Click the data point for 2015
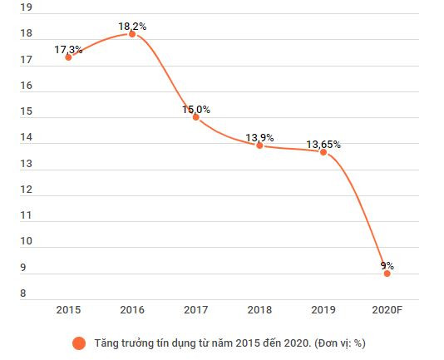point(68,57)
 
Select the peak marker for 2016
point(132,34)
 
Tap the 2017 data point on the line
point(196,117)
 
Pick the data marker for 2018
point(259,145)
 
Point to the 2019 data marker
point(323,152)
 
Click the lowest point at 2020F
point(387,274)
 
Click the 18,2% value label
point(132,27)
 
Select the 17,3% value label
point(68,50)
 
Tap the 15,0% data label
point(196,109)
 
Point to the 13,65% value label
point(323,145)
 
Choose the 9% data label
point(387,266)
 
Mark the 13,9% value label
point(259,137)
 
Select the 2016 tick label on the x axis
point(132,310)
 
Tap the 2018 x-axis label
point(259,310)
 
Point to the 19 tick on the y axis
point(26,8)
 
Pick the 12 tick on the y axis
point(26,190)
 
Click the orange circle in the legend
point(80,343)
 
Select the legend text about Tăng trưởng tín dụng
point(230,343)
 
